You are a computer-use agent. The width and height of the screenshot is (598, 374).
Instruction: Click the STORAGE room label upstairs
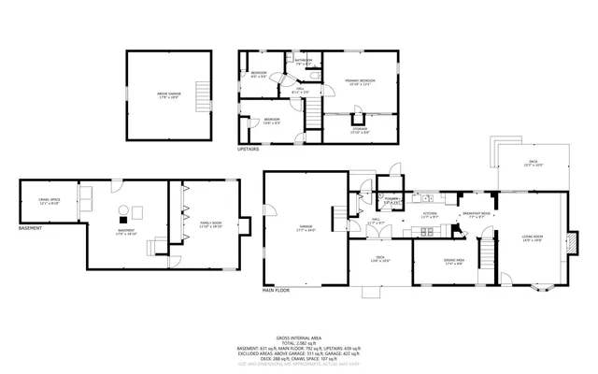[x=360, y=131]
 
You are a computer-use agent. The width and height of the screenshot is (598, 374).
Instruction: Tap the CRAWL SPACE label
[x=50, y=201]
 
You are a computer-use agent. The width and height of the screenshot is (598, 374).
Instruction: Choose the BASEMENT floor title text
[x=31, y=228]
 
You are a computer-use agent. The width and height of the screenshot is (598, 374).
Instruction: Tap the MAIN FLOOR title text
[x=276, y=291]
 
